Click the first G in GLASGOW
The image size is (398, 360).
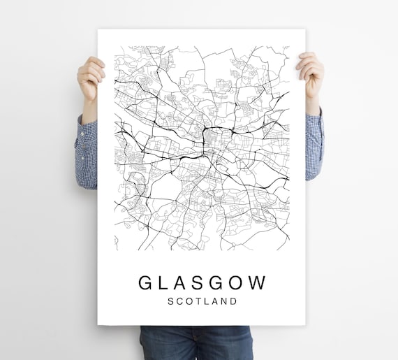coord(146,282)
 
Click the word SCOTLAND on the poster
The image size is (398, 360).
coord(202,301)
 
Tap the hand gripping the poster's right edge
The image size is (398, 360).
coord(311,73)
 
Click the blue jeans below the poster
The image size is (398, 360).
coord(196,343)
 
